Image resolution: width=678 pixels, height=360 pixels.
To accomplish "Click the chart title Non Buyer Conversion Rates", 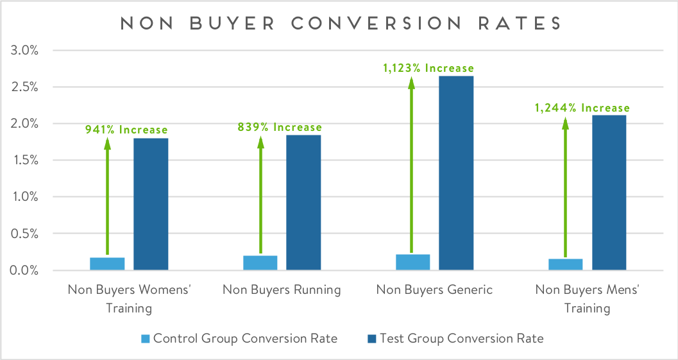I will point(340,23).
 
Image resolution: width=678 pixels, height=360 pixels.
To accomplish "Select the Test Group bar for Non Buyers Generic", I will point(457,173).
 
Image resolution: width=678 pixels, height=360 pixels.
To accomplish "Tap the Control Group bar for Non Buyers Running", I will point(260,262).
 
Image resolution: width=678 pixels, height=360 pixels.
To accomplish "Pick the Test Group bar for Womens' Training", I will point(151,203).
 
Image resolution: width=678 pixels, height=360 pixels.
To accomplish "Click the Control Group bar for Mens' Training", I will point(565,264).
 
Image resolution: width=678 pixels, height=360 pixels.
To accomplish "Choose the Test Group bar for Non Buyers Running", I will point(303,202).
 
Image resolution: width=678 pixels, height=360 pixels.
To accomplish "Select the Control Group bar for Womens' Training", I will point(107,263).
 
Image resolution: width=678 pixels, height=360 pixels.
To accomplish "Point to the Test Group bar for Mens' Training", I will point(609,192).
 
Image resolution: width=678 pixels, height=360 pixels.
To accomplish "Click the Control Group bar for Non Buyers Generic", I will point(413,262).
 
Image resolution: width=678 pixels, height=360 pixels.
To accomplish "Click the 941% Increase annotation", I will point(126,130).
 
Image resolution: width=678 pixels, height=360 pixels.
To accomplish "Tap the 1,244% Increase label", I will point(582,108).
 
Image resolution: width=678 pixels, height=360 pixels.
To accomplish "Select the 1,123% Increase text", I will point(428,68).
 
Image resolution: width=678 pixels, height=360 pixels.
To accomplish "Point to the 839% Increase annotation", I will point(280,127).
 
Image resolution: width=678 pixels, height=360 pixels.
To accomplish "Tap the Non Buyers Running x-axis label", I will point(282,289).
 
